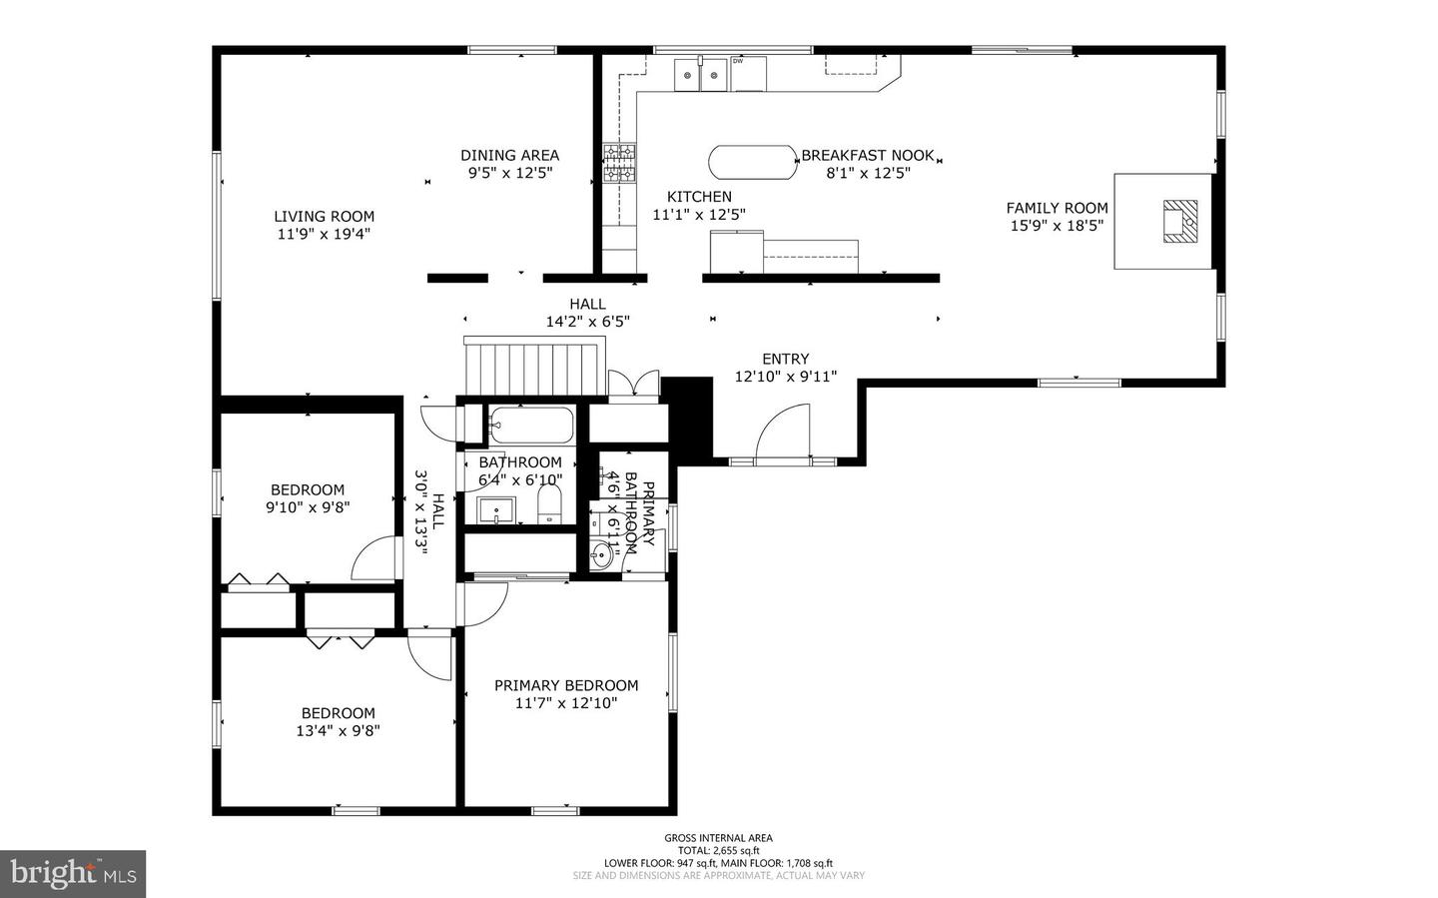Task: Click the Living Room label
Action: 324,216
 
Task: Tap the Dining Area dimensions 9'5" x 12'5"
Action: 509,173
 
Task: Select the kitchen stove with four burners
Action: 619,164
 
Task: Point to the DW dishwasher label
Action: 738,61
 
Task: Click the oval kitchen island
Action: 753,162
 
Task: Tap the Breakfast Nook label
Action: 867,155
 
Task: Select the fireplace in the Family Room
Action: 1179,221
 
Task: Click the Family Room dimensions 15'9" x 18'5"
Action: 1057,226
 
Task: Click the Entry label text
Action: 785,359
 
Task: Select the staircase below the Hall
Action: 535,369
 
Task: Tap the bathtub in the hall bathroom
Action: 530,426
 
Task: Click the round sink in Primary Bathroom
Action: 601,555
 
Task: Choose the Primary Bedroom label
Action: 566,685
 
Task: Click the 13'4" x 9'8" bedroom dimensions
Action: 338,730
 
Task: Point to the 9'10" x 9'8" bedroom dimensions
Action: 307,506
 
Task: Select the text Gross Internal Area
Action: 718,838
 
